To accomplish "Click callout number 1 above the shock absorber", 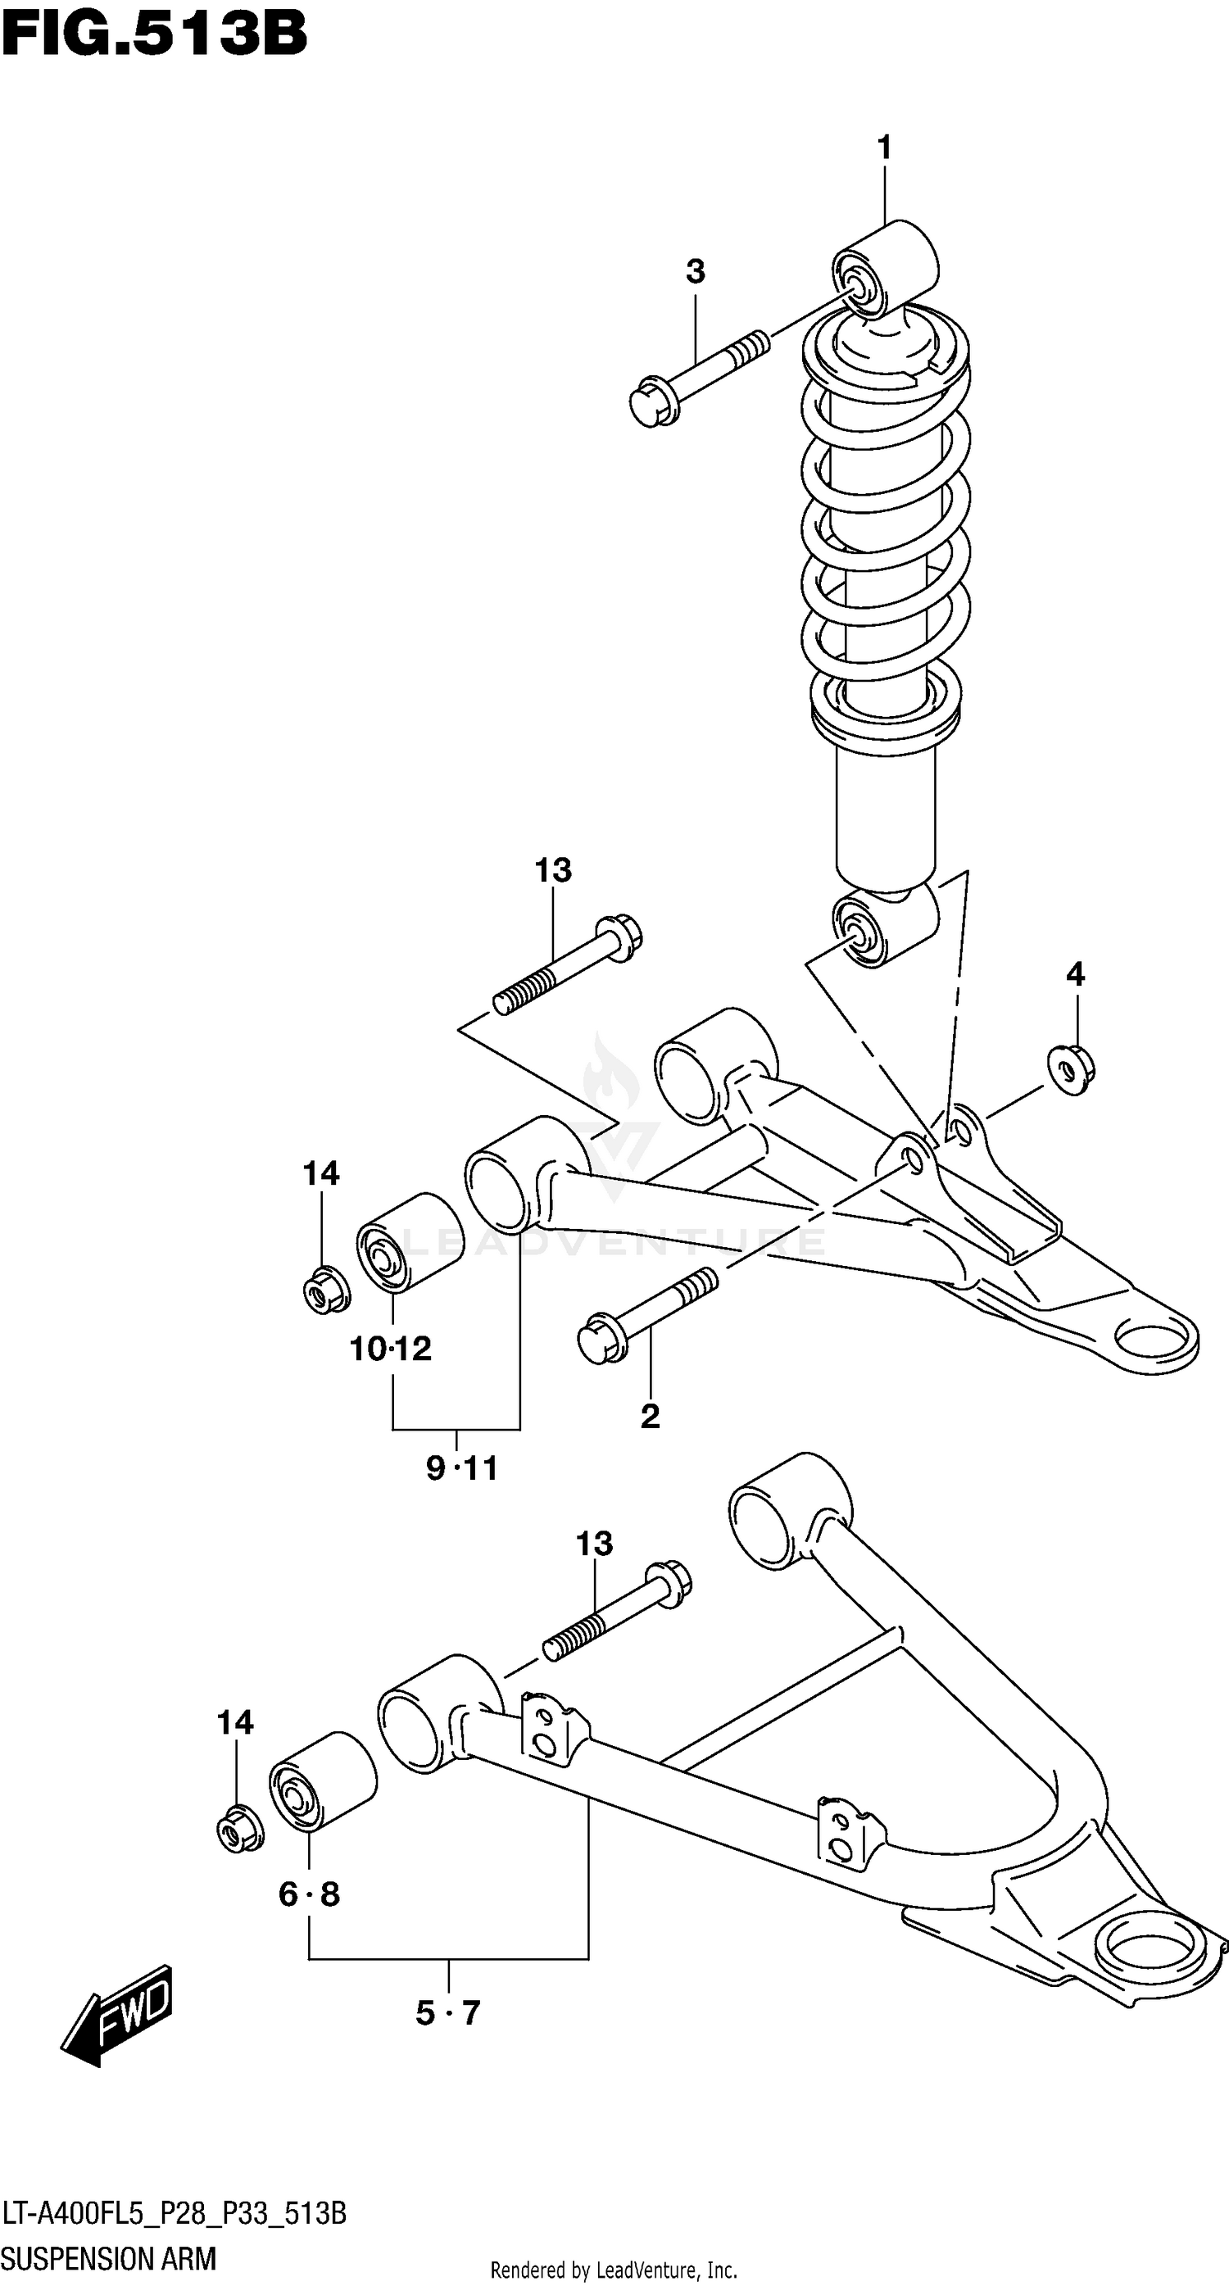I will coord(884,148).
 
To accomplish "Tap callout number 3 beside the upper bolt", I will coord(695,271).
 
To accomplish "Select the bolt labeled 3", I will coord(697,378).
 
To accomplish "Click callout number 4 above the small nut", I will coord(1075,975).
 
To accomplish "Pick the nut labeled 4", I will coord(1070,1070).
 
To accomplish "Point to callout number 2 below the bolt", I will coord(650,1417).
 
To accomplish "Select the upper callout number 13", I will coord(553,870).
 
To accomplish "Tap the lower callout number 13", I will coord(594,1544).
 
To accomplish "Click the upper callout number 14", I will coord(320,1174).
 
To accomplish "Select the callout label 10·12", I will coord(391,1349).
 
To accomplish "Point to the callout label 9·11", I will coord(462,1468).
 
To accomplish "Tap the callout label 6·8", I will coord(309,1894).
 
